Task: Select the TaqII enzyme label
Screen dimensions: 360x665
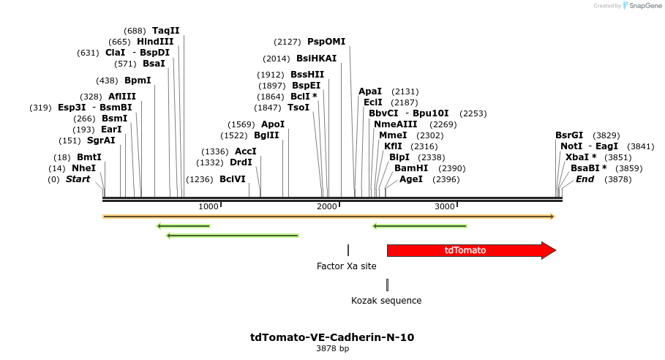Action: pos(165,31)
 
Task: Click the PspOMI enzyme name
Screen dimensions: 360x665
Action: pos(326,42)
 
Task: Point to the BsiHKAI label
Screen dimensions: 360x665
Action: pos(316,59)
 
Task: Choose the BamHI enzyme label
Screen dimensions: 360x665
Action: pos(411,168)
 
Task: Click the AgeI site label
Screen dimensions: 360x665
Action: pos(410,179)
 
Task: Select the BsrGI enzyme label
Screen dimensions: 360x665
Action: pos(569,135)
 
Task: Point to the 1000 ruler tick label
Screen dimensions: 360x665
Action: pos(208,207)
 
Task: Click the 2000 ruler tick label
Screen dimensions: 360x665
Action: pos(326,207)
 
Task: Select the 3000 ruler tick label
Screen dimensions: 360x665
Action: pos(445,207)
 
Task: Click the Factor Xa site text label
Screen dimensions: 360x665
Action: pos(346,266)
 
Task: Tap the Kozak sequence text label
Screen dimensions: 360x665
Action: pos(386,301)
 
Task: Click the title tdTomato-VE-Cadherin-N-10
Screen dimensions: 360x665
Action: pos(332,337)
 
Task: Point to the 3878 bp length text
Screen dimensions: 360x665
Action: pos(332,349)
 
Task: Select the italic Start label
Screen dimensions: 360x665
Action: pos(78,179)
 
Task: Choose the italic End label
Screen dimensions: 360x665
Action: pos(585,179)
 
